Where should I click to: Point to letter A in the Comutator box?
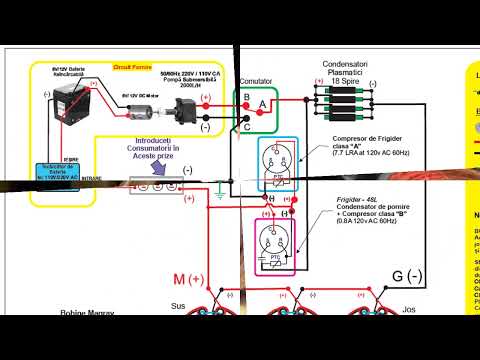pos(263,104)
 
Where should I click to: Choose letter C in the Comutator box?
pos(247,126)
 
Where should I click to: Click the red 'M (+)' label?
pos(188,277)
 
